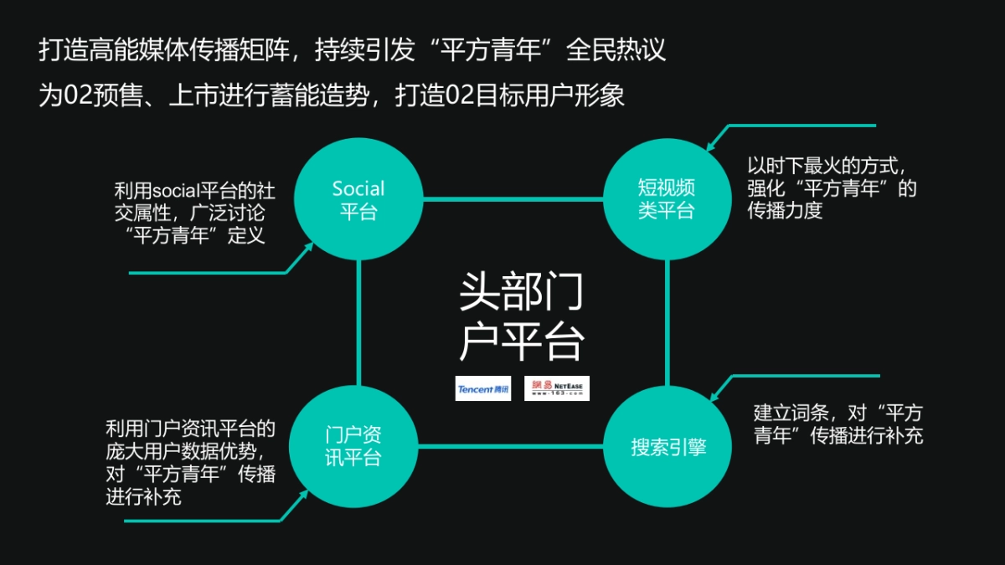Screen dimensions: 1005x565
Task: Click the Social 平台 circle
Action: [x=358, y=199]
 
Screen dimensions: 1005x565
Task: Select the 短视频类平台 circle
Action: [x=667, y=199]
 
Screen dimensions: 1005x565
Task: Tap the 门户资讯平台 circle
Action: [x=358, y=445]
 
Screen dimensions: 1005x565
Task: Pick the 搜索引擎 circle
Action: [x=667, y=445]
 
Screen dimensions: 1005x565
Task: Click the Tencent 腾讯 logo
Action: [x=483, y=388]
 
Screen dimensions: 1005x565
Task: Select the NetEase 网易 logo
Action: [x=557, y=388]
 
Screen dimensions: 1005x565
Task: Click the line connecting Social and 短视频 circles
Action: [x=513, y=199]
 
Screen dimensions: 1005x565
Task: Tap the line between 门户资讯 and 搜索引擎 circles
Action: [x=513, y=445]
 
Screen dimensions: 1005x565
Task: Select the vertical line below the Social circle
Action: [x=358, y=322]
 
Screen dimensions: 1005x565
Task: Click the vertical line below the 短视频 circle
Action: [x=667, y=322]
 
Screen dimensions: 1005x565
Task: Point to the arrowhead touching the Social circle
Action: [x=308, y=247]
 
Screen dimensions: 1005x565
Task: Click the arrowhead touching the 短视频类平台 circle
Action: [x=711, y=145]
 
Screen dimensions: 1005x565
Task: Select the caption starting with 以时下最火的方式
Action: [x=832, y=187]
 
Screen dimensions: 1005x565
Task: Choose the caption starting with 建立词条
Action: [x=838, y=424]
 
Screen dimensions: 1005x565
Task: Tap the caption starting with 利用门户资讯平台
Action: [x=190, y=463]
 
